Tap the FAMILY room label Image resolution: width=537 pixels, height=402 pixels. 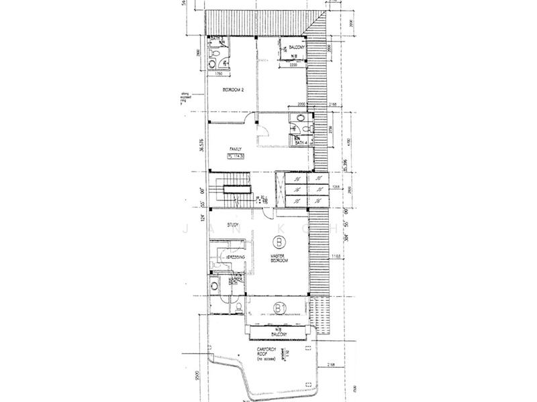[x=236, y=149]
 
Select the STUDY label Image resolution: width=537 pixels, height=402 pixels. [x=234, y=226]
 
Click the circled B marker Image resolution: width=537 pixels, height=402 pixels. [x=277, y=243]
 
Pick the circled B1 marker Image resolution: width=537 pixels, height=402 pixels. [x=279, y=308]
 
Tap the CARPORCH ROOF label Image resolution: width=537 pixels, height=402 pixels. [x=269, y=352]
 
